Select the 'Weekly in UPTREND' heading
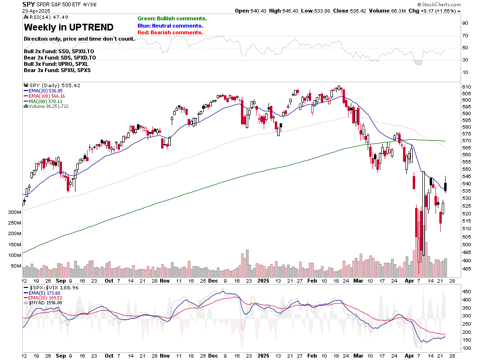pyautogui.click(x=69, y=27)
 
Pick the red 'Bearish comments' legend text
pyautogui.click(x=170, y=32)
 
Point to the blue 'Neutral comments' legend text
pyautogui.click(x=170, y=26)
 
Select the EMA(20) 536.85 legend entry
pyautogui.click(x=45, y=90)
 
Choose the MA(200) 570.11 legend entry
pyautogui.click(x=45, y=101)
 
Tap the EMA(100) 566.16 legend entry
pyautogui.click(x=46, y=96)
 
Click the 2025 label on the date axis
pyautogui.click(x=263, y=281)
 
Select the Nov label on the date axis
pyautogui.click(x=165, y=281)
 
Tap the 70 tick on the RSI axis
pyautogui.click(x=465, y=36)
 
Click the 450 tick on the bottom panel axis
pyautogui.click(x=467, y=292)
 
